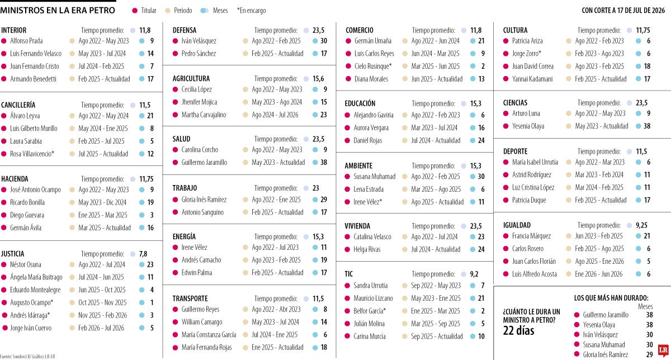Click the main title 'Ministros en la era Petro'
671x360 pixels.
(58, 11)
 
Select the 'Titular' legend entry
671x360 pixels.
(144, 11)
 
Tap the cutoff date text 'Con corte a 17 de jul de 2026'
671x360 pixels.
(623, 11)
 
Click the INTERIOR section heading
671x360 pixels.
(14, 30)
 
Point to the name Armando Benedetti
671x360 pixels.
(33, 79)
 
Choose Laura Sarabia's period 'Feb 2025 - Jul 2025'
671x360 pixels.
(101, 141)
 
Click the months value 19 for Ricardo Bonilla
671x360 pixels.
(150, 202)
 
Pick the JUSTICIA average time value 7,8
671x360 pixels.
(143, 254)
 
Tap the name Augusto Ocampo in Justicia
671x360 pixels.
(31, 302)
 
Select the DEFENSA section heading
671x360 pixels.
(185, 30)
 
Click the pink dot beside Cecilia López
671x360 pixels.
(176, 89)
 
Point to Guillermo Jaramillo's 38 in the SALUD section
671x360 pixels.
(324, 162)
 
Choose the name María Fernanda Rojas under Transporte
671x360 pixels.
(206, 347)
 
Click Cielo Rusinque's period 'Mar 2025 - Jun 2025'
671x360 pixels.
(435, 66)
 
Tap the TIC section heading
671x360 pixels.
(349, 274)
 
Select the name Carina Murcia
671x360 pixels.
(370, 337)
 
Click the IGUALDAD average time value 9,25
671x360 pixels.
(642, 225)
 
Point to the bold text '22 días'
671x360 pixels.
(518, 331)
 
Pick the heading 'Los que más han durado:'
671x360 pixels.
(611, 298)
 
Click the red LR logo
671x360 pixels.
(664, 350)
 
